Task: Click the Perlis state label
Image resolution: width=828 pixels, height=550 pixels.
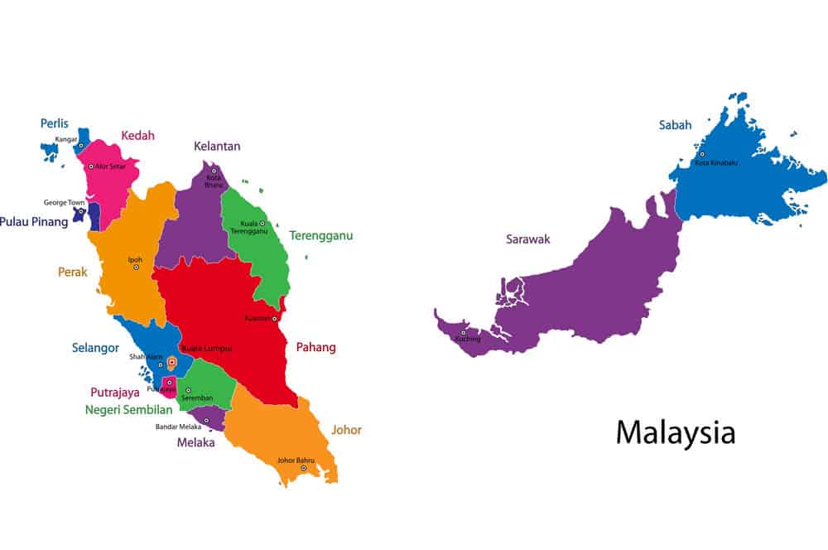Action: (x=55, y=123)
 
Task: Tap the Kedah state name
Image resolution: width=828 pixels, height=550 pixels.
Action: (x=137, y=135)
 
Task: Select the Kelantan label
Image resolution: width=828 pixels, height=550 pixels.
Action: (x=217, y=147)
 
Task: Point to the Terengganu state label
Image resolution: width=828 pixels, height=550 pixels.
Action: (x=321, y=235)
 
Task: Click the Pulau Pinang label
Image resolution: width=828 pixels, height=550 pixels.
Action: (x=34, y=221)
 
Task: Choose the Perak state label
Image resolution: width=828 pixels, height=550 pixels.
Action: (x=73, y=271)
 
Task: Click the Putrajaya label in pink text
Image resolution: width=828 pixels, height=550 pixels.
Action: (x=115, y=392)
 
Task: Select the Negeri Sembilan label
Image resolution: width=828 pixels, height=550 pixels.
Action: (x=128, y=409)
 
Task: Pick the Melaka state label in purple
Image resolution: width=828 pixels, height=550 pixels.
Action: (x=195, y=442)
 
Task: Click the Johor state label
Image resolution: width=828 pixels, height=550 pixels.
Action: (x=346, y=430)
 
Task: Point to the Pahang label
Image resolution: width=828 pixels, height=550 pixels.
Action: (x=316, y=348)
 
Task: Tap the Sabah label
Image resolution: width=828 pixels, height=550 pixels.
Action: (x=676, y=125)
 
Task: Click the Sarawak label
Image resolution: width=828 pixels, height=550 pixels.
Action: (x=528, y=239)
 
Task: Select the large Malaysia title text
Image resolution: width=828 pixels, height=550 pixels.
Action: (x=676, y=432)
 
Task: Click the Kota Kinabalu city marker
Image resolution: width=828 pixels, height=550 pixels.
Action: (x=701, y=154)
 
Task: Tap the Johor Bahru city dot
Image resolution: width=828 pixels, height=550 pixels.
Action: (x=303, y=468)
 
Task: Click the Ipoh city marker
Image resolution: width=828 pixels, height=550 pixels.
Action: (x=136, y=267)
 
